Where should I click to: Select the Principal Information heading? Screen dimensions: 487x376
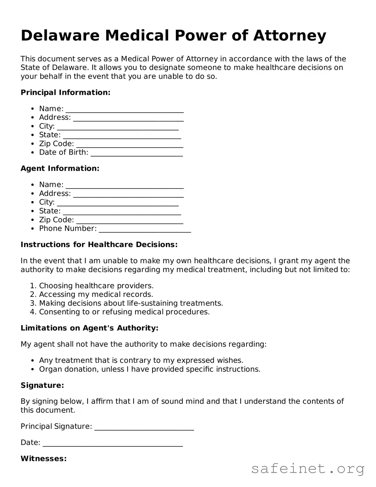point(65,92)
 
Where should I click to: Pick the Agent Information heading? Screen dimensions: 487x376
point(60,168)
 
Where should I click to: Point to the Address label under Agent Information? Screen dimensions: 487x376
point(55,193)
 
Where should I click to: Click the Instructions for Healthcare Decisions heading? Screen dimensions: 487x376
point(99,245)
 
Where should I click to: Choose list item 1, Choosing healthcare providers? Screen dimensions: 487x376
point(96,286)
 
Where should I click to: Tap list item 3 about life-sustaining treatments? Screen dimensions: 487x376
point(131,303)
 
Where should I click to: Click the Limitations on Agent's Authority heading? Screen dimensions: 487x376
point(89,328)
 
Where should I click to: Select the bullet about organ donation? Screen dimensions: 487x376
point(150,369)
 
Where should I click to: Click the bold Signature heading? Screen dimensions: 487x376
point(42,386)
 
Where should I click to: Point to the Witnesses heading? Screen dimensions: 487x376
point(43,459)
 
